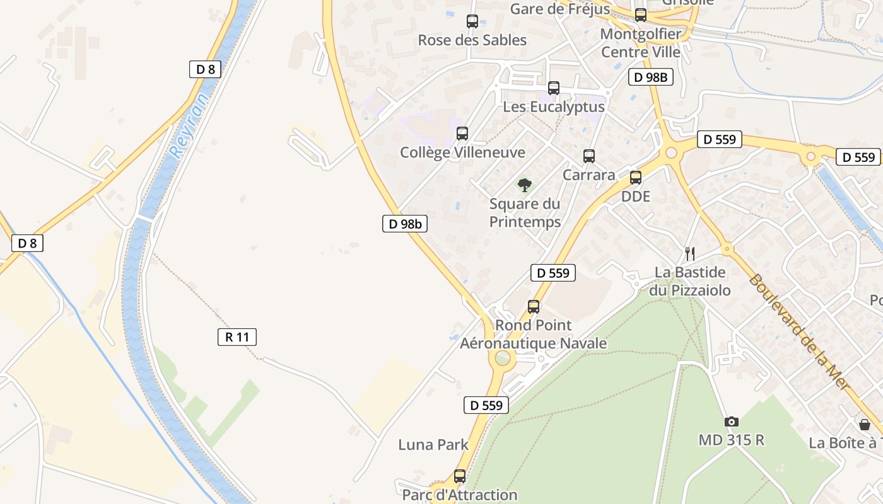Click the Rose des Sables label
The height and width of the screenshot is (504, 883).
472,40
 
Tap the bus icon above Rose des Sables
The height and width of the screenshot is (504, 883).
472,21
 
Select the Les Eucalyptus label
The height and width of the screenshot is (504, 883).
553,107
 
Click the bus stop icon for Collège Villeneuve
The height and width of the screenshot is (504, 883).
462,133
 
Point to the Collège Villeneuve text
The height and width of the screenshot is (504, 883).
462,152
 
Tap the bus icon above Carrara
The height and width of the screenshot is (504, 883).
588,156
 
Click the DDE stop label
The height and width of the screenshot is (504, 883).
635,196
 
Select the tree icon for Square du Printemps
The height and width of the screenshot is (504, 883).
524,185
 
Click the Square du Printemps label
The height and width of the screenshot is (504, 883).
525,213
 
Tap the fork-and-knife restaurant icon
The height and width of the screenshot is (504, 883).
690,253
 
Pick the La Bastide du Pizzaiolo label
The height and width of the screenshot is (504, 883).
690,281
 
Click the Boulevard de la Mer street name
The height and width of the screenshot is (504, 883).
798,332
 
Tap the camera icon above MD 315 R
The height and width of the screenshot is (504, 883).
731,421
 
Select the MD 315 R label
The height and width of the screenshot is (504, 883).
731,440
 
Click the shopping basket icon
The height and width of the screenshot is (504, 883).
864,425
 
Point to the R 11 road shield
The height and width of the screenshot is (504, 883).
237,337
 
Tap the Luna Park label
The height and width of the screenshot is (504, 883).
433,445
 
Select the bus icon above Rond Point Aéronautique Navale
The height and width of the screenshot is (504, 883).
534,307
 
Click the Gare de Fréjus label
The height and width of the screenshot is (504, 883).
559,9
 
